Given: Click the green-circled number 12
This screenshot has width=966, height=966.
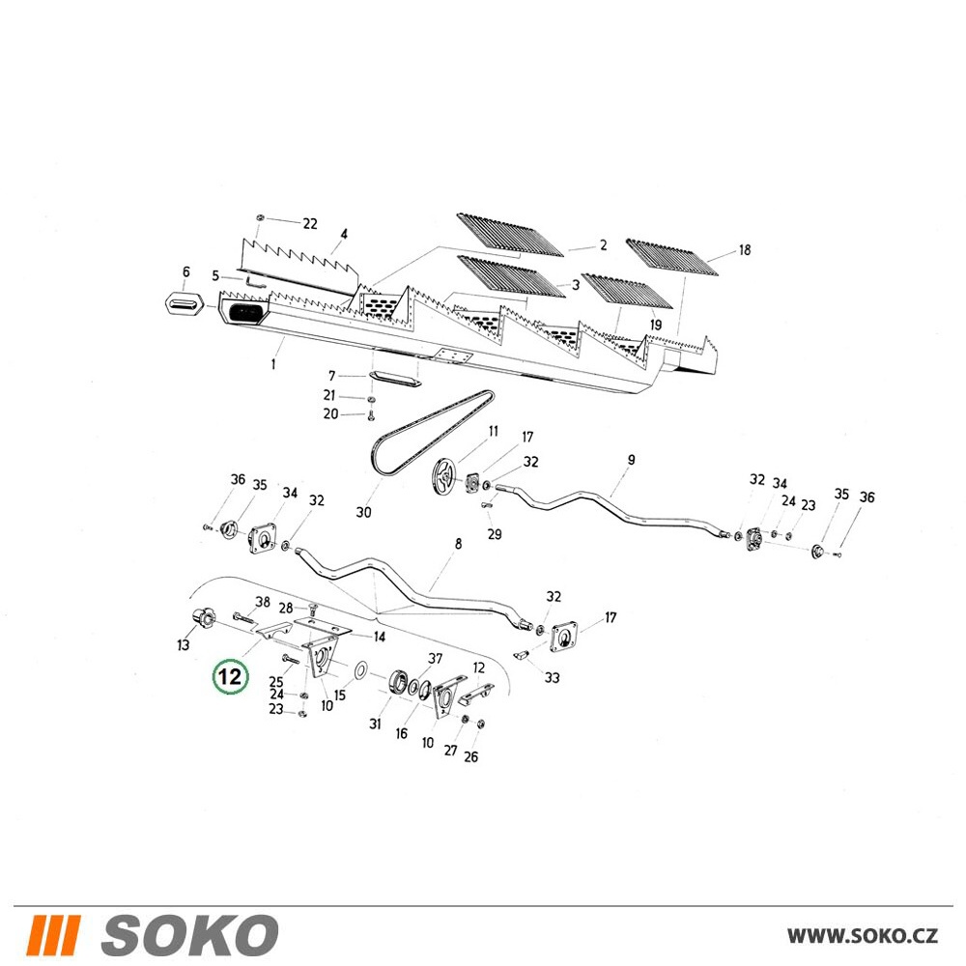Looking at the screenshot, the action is click(229, 678).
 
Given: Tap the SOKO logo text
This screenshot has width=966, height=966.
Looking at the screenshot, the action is click(189, 935).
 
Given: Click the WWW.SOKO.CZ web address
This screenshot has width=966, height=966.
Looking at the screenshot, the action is click(863, 936).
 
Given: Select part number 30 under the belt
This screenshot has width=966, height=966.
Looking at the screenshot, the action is click(363, 512).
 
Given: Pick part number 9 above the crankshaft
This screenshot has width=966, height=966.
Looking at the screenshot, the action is click(631, 460).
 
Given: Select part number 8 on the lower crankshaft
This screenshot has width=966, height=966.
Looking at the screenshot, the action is click(458, 544).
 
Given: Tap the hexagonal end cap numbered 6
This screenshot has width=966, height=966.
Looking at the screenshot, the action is click(185, 300).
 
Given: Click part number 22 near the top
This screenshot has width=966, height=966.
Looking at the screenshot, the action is click(310, 224).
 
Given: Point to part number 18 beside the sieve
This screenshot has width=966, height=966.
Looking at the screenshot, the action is click(744, 249).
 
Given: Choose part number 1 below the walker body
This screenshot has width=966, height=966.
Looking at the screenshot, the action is click(273, 365).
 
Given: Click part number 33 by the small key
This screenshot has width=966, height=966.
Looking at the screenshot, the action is click(552, 678).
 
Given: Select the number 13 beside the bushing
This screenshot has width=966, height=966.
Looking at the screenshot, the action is click(183, 644).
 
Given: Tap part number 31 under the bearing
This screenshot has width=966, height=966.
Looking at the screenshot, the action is click(375, 724).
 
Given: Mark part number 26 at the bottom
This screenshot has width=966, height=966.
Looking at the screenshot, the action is click(470, 756).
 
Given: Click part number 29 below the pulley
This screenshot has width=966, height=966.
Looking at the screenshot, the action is click(495, 534).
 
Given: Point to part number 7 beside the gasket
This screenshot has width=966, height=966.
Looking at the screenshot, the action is click(331, 376).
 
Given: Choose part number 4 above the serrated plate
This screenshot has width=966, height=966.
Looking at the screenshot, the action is click(344, 234).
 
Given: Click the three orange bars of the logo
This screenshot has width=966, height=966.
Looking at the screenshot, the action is click(55, 935).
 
